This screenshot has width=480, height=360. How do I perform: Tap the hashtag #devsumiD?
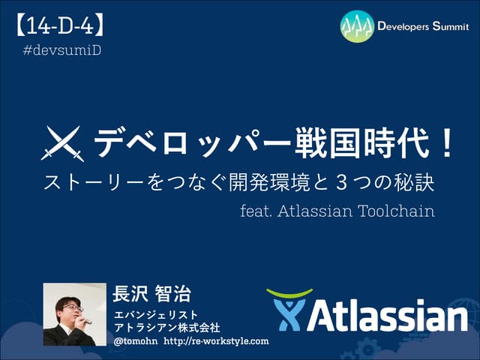62,50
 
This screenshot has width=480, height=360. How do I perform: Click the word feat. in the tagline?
255,211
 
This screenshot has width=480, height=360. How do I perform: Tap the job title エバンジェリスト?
155,313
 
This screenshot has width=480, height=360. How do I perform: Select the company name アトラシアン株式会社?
166,327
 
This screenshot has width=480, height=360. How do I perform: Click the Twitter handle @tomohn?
135,341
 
